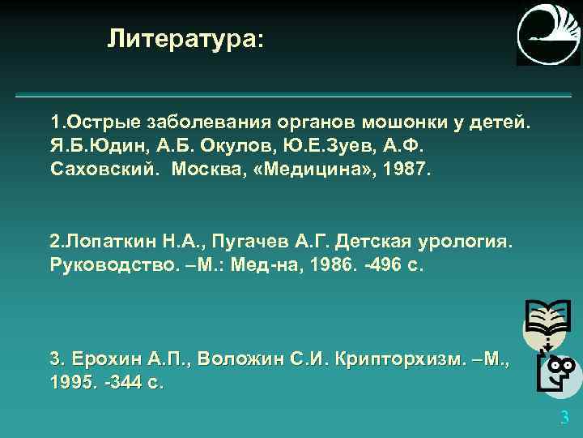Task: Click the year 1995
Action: coord(71,381)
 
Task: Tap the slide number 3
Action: coord(564,419)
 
